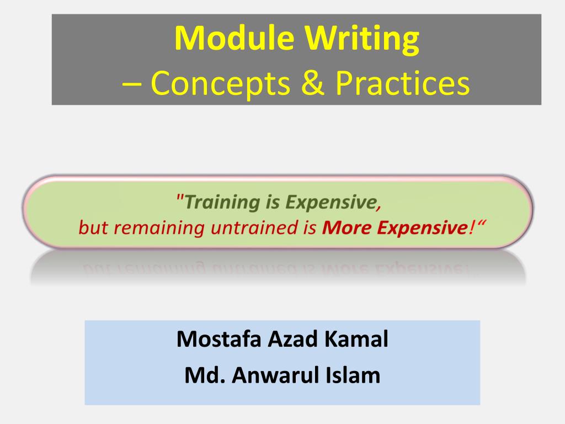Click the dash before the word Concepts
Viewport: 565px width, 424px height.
click(131, 84)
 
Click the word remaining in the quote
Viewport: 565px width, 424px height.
click(158, 227)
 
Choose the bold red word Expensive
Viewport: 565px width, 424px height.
click(420, 227)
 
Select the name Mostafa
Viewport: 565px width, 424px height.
click(220, 338)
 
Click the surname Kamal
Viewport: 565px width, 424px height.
click(356, 338)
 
